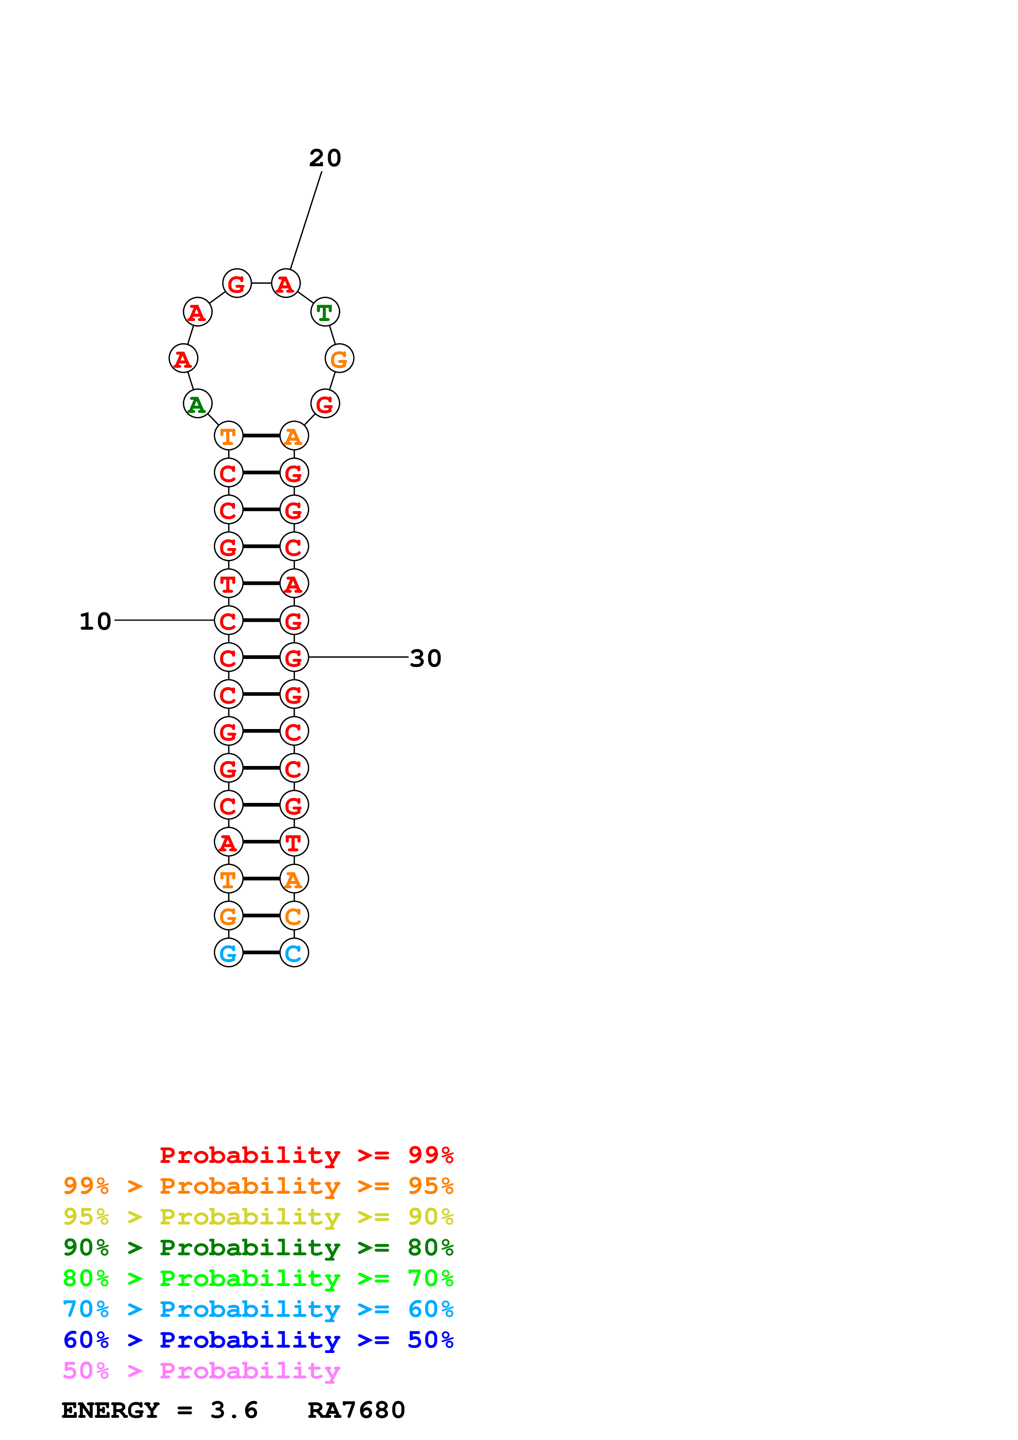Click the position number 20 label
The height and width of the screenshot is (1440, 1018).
point(325,158)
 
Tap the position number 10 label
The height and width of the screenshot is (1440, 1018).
point(95,621)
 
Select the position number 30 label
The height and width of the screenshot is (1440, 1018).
point(425,658)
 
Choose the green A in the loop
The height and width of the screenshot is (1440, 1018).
point(197,404)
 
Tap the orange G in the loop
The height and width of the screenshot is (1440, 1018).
point(339,359)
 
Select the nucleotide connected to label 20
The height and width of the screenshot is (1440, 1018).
point(285,284)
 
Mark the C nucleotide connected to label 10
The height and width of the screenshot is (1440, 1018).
point(228,621)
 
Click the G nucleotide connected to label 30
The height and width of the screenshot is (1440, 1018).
point(294,658)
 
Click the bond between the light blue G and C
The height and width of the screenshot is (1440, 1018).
point(261,953)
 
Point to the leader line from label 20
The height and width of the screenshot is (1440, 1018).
point(306,220)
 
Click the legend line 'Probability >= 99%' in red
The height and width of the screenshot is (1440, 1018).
point(306,1155)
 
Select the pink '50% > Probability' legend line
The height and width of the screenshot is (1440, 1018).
point(201,1371)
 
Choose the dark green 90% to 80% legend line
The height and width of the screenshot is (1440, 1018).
point(258,1247)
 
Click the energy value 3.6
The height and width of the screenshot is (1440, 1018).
point(234,1410)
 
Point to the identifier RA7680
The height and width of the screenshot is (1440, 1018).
point(356,1410)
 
